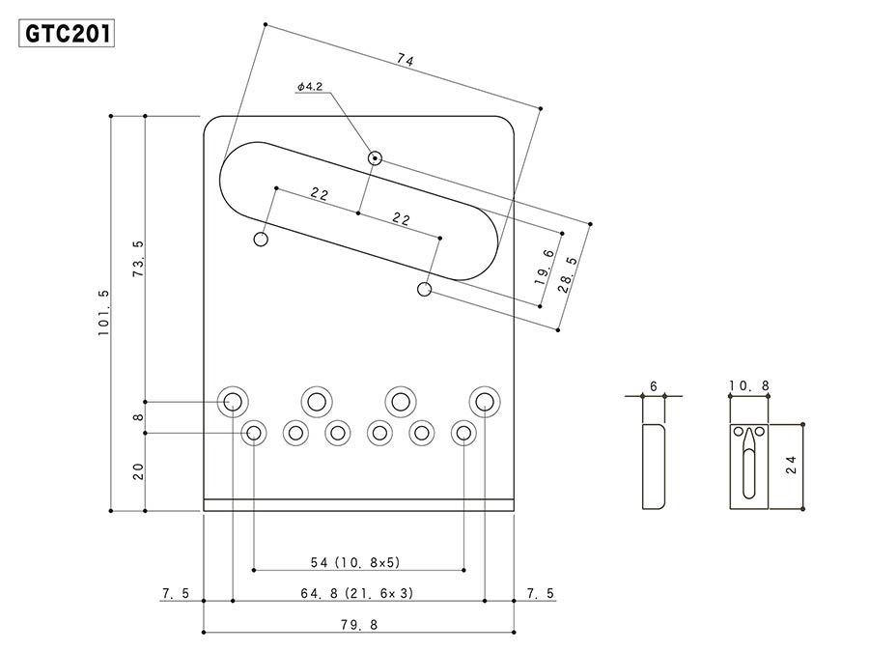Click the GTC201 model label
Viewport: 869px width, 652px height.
67,34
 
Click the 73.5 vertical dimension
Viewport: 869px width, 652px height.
138,258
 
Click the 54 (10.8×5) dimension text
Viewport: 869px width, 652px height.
355,561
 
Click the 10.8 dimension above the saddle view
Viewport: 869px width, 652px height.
749,386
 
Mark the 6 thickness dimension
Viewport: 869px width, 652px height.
654,386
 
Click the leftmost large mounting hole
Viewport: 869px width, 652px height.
232,400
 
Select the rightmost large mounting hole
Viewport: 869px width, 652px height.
485,400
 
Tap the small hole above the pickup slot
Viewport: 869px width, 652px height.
374,157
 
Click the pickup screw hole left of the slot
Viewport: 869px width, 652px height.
261,240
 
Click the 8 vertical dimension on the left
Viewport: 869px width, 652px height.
138,417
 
